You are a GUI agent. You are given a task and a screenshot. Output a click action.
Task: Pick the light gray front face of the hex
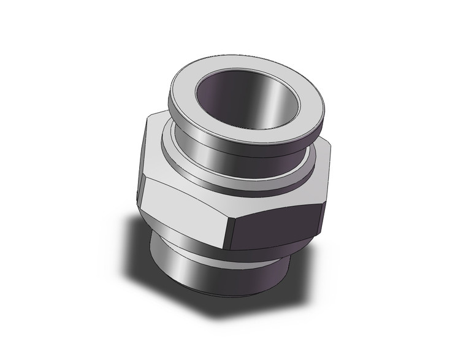[x=184, y=209]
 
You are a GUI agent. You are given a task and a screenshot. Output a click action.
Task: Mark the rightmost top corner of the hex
[x=330, y=146]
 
